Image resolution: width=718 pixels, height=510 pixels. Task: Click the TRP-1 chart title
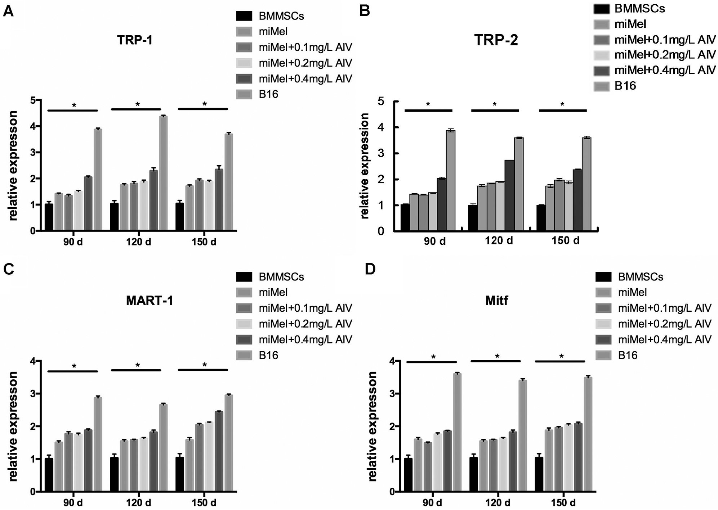click(135, 40)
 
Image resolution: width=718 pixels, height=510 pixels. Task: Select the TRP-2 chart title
click(496, 40)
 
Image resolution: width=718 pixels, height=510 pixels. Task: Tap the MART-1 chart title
click(150, 301)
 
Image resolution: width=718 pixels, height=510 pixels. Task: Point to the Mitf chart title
click(496, 301)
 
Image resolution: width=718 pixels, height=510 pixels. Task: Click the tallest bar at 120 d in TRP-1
click(163, 173)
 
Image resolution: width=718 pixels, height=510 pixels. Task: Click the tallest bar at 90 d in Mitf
click(457, 432)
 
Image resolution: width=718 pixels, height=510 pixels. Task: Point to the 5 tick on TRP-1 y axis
click(33, 100)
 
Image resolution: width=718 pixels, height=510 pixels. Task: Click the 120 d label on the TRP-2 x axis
click(499, 240)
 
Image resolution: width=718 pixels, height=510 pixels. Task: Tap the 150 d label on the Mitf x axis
click(563, 502)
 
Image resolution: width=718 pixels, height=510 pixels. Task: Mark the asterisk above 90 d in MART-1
click(74, 366)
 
